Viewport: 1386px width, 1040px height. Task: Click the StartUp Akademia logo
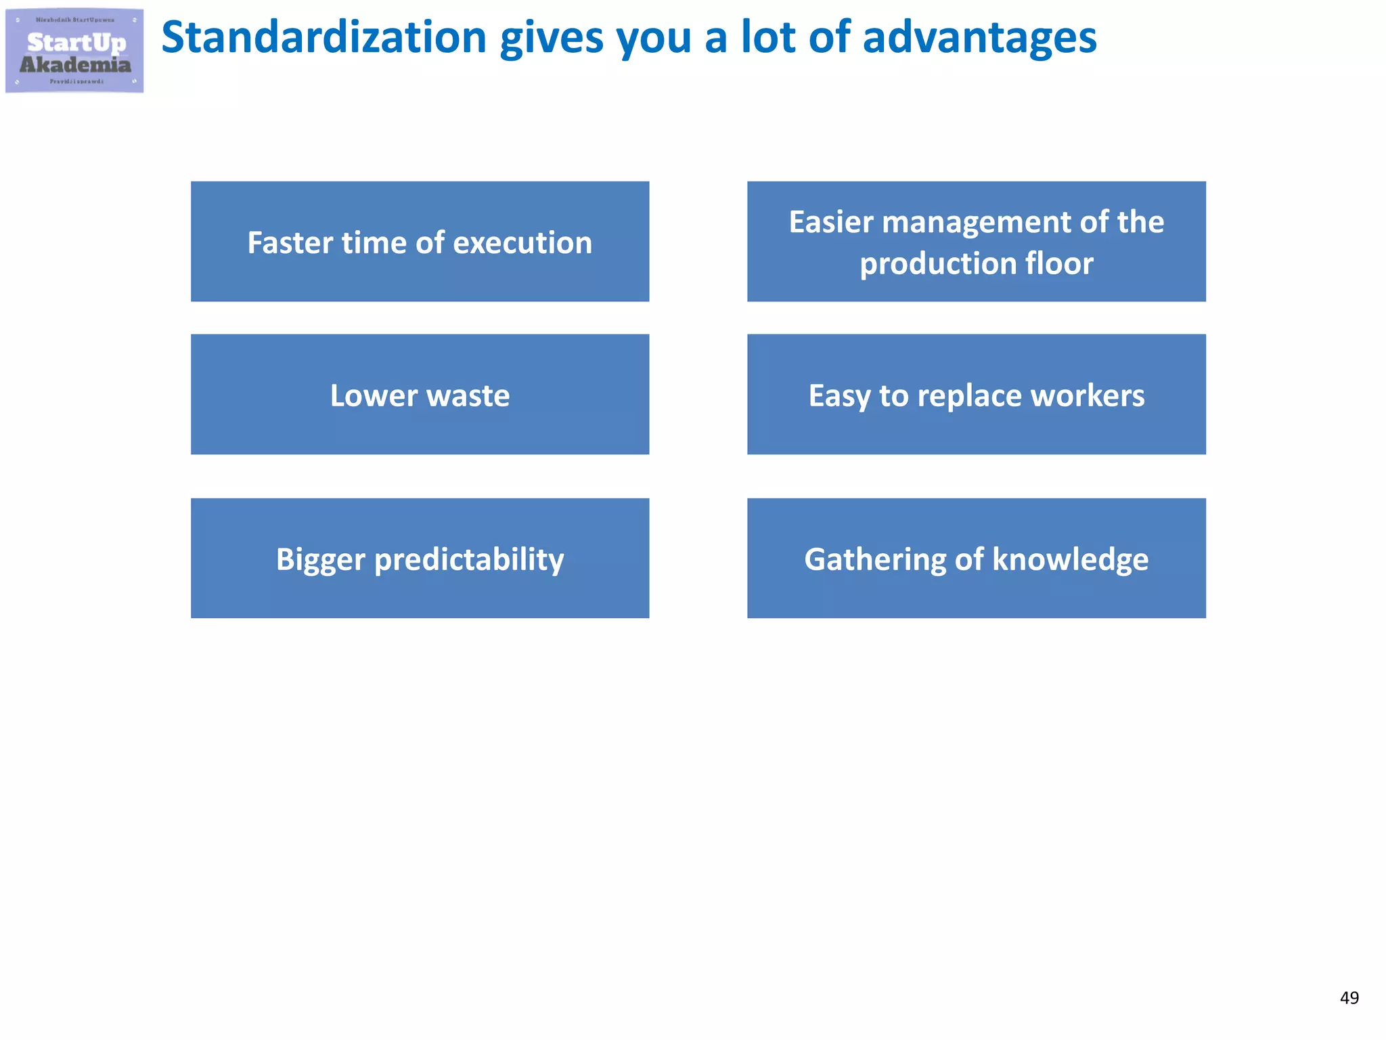point(74,51)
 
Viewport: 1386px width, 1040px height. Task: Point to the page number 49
point(1349,998)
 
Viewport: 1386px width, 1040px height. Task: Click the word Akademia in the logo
point(75,65)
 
